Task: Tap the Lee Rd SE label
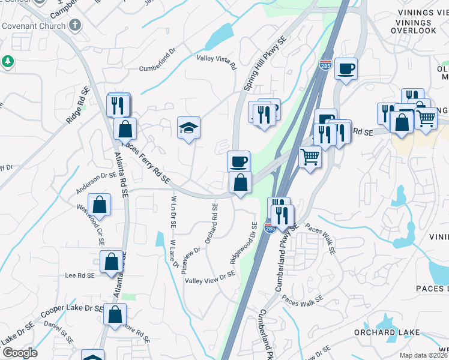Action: click(x=81, y=275)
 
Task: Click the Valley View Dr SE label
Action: click(x=209, y=277)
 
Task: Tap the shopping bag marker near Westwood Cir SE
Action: click(x=101, y=204)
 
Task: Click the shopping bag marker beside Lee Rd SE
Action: click(x=112, y=262)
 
